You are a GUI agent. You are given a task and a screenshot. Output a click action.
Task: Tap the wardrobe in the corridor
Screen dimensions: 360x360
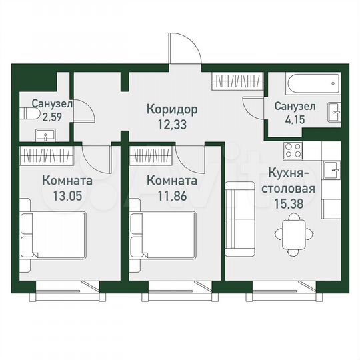[237, 83]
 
